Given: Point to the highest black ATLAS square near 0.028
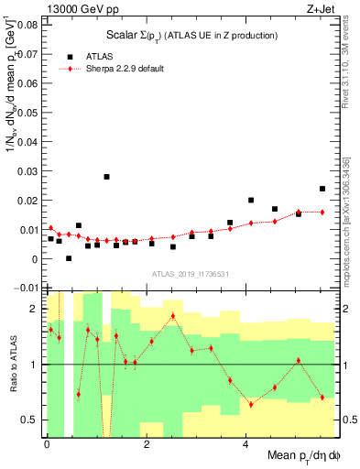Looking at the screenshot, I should [107, 177].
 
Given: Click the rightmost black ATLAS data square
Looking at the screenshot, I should [322, 189].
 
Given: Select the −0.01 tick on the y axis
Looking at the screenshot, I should [27, 289].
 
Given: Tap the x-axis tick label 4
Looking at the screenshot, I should [245, 445].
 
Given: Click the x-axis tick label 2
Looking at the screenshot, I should [147, 445].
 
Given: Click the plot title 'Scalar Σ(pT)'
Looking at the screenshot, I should [190, 35].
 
